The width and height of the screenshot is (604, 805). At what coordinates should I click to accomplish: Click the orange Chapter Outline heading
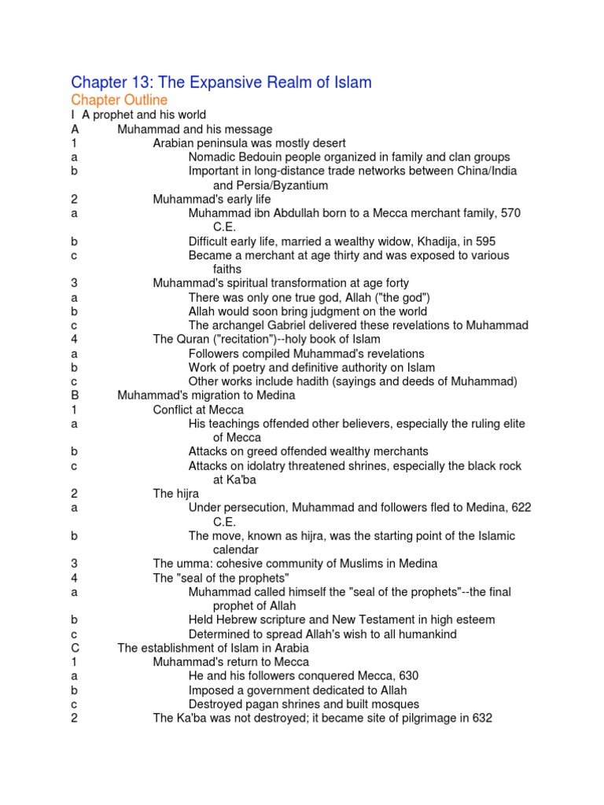coord(119,100)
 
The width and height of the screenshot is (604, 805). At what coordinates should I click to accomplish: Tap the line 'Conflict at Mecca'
coord(198,410)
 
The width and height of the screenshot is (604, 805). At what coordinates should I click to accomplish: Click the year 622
coord(521,508)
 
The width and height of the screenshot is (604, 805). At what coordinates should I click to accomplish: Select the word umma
coord(191,564)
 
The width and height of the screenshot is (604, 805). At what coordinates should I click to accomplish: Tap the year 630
coord(408,676)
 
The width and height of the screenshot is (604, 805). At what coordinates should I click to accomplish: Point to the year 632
coord(481,718)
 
